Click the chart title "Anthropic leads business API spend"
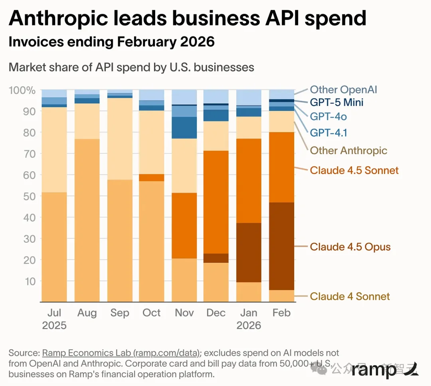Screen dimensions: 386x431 [x=187, y=18]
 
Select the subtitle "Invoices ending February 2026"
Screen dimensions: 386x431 [x=112, y=42]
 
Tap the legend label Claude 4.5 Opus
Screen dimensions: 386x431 [x=350, y=247]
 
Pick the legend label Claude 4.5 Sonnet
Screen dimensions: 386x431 [x=354, y=170]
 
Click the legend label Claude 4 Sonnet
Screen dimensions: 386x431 [x=350, y=297]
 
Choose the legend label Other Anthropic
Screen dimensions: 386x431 [x=348, y=150]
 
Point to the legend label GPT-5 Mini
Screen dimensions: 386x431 [x=336, y=103]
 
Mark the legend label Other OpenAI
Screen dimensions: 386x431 [x=343, y=90]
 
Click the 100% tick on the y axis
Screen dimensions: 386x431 [x=22, y=90]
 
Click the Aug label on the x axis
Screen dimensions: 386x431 [x=87, y=313]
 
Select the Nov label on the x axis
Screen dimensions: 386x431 [x=184, y=313]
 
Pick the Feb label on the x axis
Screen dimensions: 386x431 [x=281, y=313]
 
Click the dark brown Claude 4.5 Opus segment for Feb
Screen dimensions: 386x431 [x=281, y=246]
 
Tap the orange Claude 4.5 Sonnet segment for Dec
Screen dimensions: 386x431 [x=216, y=202]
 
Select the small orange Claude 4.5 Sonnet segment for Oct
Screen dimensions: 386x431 [x=152, y=178]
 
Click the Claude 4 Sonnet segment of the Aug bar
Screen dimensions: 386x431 [x=87, y=220]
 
